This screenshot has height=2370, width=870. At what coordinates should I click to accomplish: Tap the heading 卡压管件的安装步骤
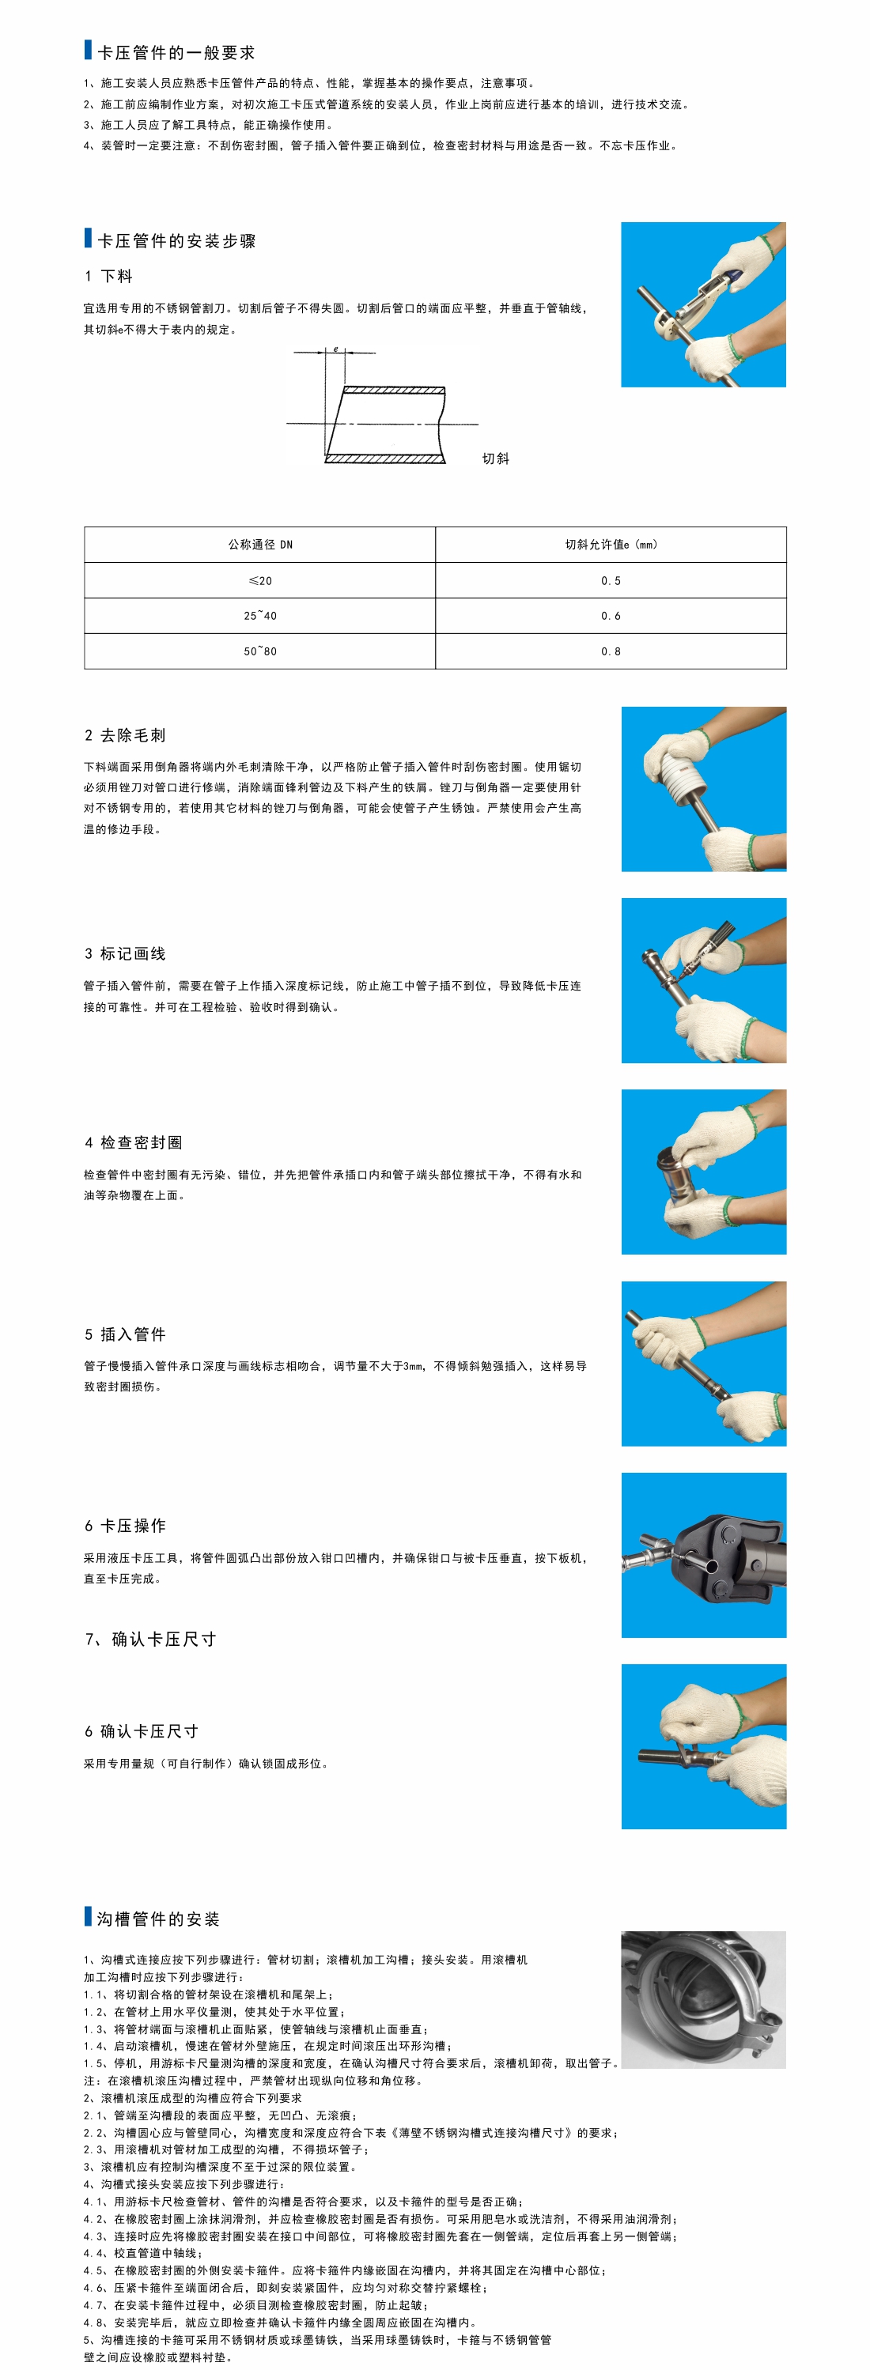click(x=176, y=241)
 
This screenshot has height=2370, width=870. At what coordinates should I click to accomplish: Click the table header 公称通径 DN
click(x=260, y=545)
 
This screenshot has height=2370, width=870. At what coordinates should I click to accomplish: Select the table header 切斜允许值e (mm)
click(x=611, y=545)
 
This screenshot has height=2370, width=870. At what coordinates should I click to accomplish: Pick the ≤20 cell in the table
click(x=260, y=580)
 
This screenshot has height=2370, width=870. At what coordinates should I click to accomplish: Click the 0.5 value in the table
click(x=611, y=580)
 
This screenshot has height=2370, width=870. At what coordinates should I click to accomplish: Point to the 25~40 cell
click(x=260, y=616)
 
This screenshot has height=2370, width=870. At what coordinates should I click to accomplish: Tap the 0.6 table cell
click(x=611, y=616)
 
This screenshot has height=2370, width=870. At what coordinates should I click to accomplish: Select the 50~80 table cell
click(x=260, y=651)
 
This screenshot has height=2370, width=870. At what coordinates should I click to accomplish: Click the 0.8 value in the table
click(x=611, y=651)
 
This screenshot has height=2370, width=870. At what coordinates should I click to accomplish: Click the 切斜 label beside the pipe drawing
click(x=495, y=459)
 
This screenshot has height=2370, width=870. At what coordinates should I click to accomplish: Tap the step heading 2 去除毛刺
click(x=125, y=735)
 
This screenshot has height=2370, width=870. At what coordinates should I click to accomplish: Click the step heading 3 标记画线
click(x=125, y=954)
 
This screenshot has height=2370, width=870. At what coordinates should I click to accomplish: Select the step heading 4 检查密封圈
click(x=134, y=1142)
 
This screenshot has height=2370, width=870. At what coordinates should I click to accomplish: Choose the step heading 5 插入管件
click(x=125, y=1334)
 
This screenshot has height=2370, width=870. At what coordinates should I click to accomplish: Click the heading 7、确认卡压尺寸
click(x=151, y=1639)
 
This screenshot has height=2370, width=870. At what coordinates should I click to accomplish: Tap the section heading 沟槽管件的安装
click(x=158, y=1919)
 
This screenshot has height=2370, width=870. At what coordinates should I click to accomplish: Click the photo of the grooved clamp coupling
click(x=703, y=1999)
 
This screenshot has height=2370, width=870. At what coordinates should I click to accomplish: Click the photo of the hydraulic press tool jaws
click(x=704, y=1555)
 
